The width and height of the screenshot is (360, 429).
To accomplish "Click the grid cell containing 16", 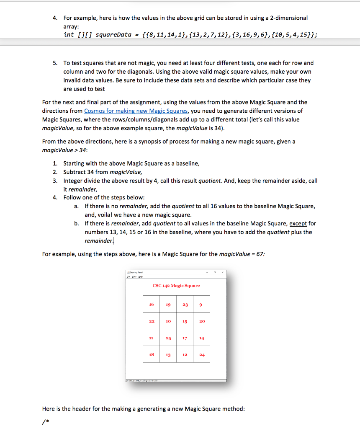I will tap(151, 305).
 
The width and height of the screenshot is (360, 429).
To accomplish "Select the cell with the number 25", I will tap(168, 338).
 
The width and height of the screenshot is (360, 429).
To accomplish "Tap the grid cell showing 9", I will tap(201, 305).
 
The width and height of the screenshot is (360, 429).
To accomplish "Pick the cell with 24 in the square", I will tap(201, 355).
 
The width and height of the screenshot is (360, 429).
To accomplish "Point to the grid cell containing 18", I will tap(151, 354).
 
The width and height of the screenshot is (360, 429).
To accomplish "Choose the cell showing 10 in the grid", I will tap(168, 321).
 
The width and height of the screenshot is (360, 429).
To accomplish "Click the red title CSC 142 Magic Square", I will tap(176, 286).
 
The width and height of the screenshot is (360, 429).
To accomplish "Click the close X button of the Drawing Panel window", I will tap(223, 272).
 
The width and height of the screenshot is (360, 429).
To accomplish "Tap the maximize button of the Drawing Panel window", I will tap(214, 272).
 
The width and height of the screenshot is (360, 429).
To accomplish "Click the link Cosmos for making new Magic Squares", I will tap(136, 111).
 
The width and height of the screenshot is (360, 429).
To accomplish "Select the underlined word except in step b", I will tap(298, 223).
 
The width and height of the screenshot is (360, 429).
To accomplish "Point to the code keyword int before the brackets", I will tap(69, 35).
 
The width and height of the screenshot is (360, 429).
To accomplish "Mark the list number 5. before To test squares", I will tap(55, 63).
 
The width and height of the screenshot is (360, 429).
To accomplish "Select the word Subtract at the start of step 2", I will tap(75, 172).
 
